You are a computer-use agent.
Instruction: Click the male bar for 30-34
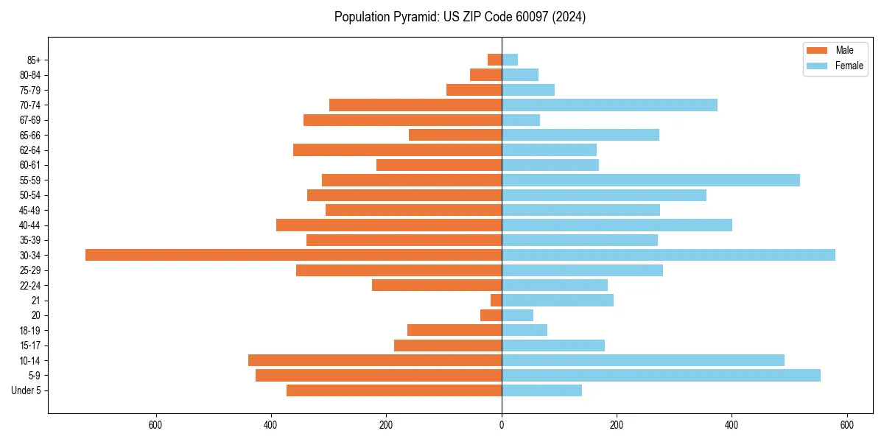293,255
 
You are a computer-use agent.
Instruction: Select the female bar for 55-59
650,180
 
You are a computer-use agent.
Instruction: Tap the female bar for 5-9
661,375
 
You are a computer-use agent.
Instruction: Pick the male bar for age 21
497,300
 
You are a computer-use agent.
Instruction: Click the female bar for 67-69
521,120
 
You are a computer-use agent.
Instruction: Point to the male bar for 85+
495,60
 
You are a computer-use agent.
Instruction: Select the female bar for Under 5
541,390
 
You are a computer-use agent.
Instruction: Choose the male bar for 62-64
397,150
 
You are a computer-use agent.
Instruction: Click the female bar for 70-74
609,105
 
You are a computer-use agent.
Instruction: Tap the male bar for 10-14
375,360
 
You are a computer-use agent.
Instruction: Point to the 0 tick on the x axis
502,425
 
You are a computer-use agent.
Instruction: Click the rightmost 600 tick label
846,425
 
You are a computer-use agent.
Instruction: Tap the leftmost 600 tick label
155,425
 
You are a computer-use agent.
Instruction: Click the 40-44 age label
30,225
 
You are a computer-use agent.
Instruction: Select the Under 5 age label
26,390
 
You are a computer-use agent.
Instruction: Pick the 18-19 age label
30,330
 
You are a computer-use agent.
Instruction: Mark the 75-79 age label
30,90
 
